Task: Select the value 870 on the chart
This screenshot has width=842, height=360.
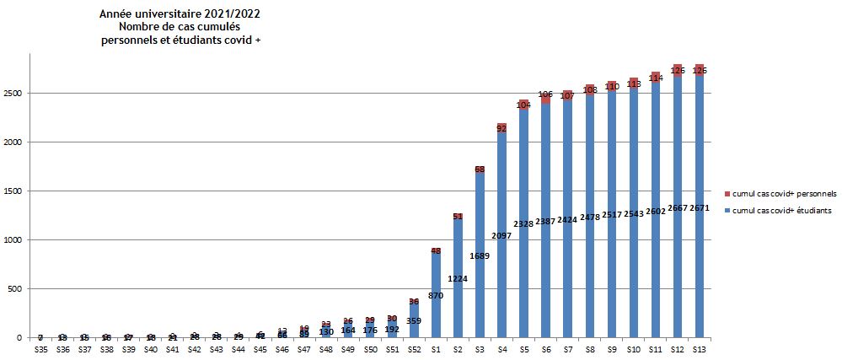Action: pyautogui.click(x=436, y=296)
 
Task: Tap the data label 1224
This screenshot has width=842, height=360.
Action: pyautogui.click(x=458, y=277)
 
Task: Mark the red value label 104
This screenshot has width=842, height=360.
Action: pyautogui.click(x=523, y=105)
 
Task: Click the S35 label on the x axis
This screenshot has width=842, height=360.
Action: pyautogui.click(x=40, y=349)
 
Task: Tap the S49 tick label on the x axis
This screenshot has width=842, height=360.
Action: pyautogui.click(x=348, y=349)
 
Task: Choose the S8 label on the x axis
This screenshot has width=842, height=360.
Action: pyautogui.click(x=589, y=349)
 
